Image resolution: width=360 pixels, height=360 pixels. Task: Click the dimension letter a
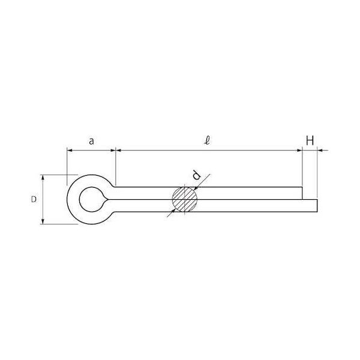(91, 142)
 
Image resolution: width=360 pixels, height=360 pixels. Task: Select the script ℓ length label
(207, 141)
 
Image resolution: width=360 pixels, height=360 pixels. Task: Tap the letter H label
(310, 141)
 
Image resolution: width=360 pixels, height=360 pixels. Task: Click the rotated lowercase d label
(196, 175)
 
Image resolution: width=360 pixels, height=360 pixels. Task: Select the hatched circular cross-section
(185, 199)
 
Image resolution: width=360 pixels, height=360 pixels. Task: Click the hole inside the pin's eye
(91, 199)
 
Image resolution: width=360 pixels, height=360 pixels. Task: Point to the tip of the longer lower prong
(315, 205)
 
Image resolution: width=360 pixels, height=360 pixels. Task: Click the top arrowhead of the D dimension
(44, 178)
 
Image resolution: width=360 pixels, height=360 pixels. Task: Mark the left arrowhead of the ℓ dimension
(118, 151)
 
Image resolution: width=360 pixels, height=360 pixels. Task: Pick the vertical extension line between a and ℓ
(115, 168)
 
